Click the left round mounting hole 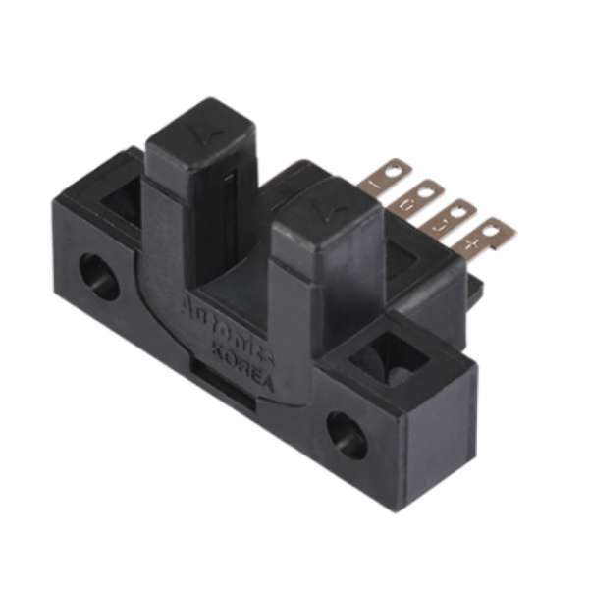point(99,276)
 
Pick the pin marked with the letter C point(415,196)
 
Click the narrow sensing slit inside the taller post point(229,201)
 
